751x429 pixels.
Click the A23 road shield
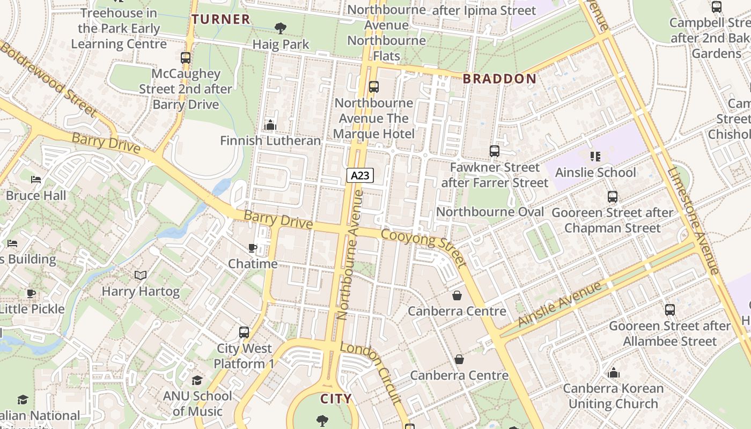[360, 175]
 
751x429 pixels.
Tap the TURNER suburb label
[221, 19]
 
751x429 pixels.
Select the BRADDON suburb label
[499, 79]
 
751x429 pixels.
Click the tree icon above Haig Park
[280, 28]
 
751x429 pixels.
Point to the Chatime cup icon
[253, 248]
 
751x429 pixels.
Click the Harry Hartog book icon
[141, 276]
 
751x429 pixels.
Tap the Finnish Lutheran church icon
[270, 125]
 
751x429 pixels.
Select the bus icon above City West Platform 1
[244, 332]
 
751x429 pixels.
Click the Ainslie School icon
[595, 157]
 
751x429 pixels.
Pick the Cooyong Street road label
[423, 248]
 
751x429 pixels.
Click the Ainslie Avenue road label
[560, 304]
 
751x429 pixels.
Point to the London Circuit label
[371, 372]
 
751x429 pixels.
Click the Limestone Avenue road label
[693, 220]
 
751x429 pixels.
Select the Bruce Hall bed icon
[36, 180]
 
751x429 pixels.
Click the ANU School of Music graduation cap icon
[197, 380]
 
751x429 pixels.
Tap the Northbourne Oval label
[490, 212]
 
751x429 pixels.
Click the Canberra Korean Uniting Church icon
[614, 373]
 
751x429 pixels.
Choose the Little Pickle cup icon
[31, 293]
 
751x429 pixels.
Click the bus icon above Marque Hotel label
[374, 87]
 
